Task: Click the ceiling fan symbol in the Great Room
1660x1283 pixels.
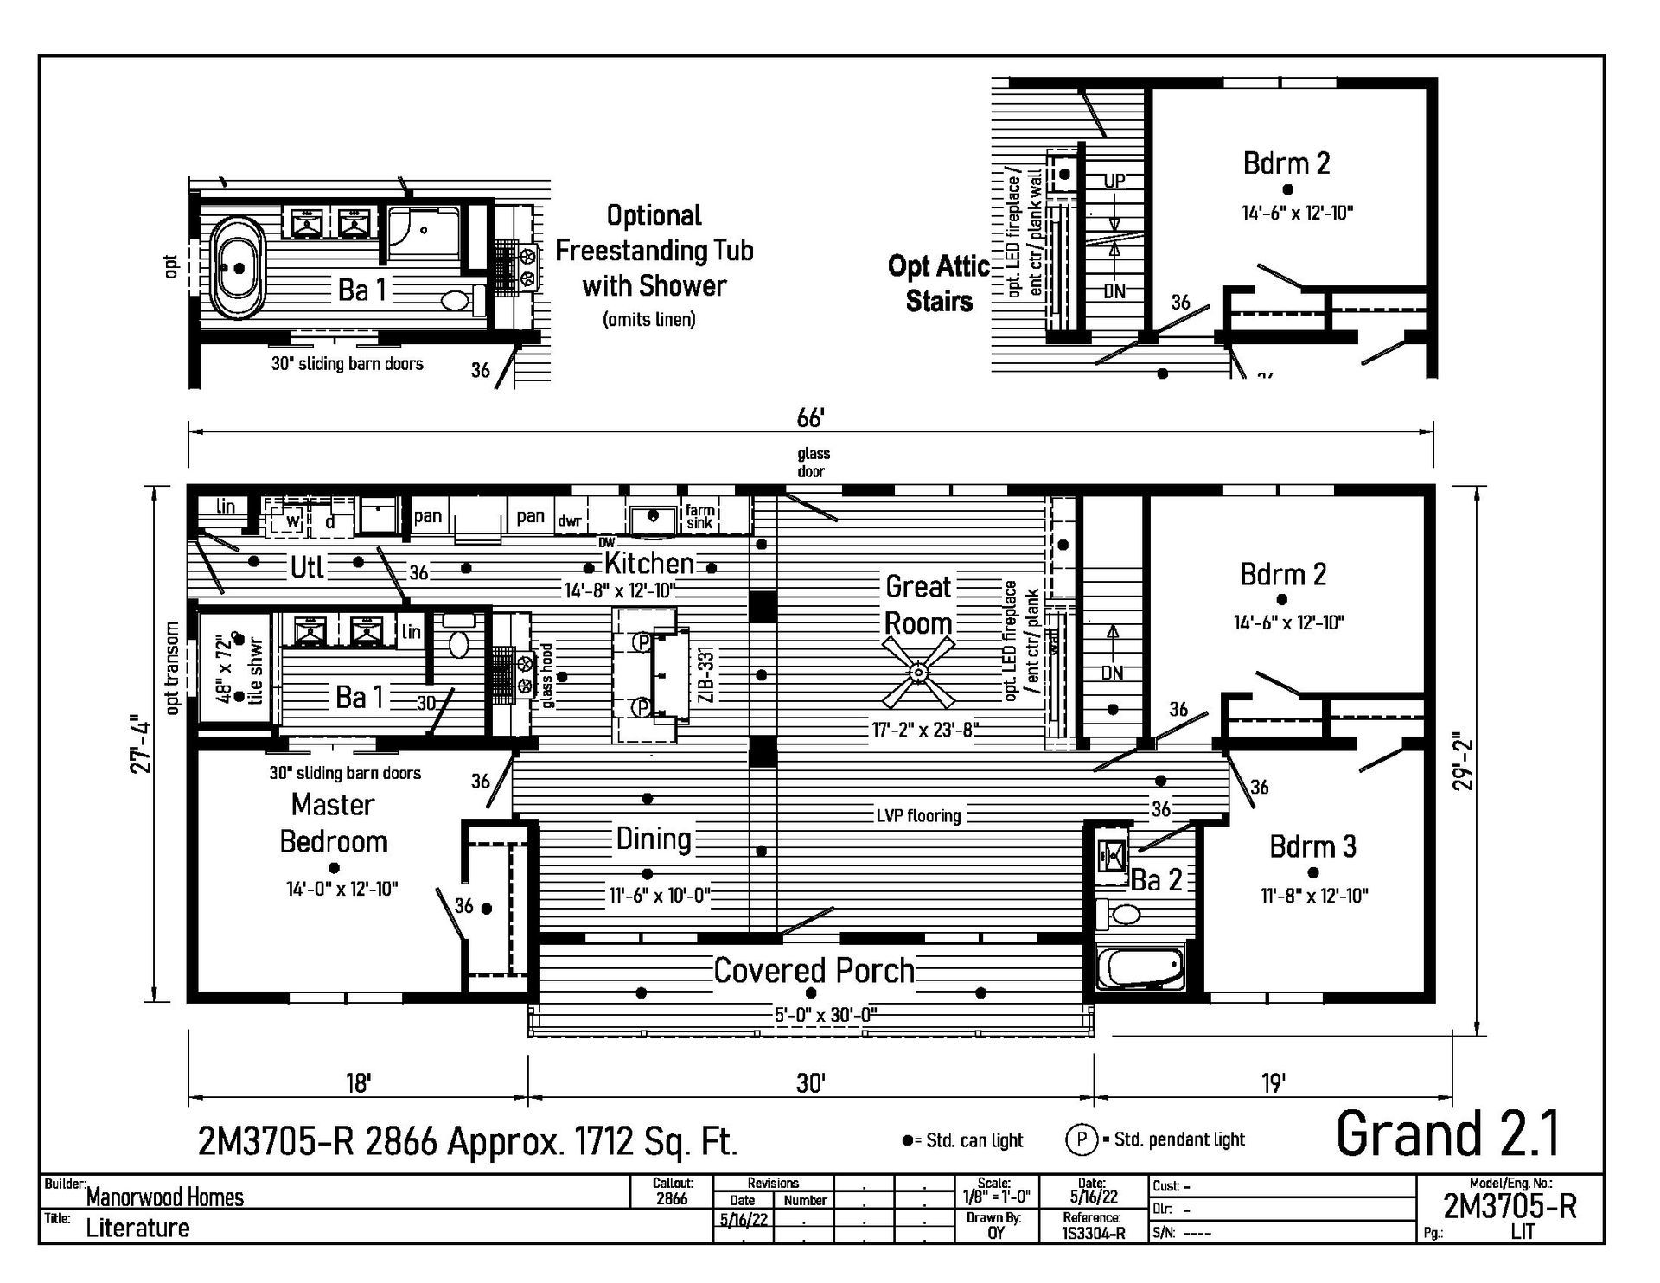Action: (x=919, y=672)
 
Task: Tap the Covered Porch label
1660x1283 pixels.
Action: (x=814, y=971)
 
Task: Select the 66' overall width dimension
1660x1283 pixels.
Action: (x=810, y=418)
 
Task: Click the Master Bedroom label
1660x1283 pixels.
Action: (x=333, y=823)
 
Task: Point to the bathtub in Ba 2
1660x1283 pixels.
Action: (x=1140, y=967)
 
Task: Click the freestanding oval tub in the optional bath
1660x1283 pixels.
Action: (x=237, y=267)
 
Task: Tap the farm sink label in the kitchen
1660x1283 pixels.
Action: (x=699, y=517)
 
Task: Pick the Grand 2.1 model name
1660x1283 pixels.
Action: (x=1448, y=1133)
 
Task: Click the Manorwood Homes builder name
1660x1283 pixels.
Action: (x=164, y=1197)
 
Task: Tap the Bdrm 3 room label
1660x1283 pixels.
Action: (x=1312, y=846)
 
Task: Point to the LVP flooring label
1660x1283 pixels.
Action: (x=919, y=815)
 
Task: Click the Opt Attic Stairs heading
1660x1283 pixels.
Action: (x=938, y=284)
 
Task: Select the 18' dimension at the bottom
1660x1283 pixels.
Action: (x=358, y=1083)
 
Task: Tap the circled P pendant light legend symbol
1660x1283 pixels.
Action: (x=1081, y=1139)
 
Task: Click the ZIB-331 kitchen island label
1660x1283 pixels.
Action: (x=706, y=675)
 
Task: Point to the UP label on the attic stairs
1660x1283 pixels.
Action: (x=1114, y=181)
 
